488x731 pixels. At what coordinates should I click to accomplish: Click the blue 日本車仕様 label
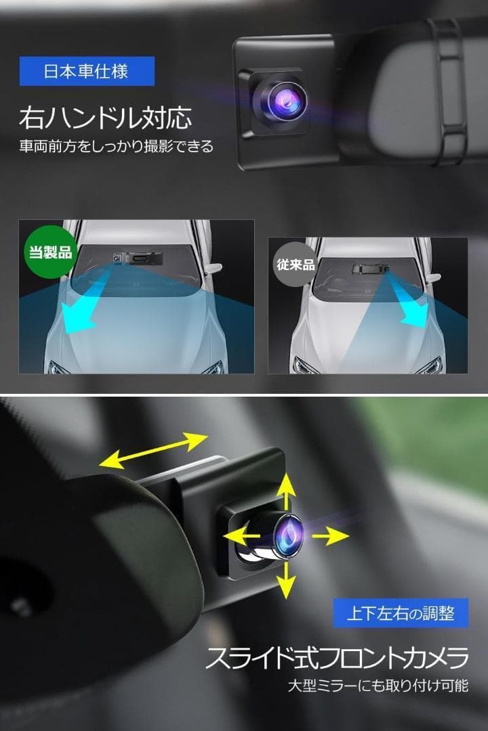tap(87, 71)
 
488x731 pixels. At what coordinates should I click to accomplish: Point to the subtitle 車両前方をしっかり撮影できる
tap(115, 146)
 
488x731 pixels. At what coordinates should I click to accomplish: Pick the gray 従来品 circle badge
tap(294, 263)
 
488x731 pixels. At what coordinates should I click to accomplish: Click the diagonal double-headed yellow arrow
tap(153, 450)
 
